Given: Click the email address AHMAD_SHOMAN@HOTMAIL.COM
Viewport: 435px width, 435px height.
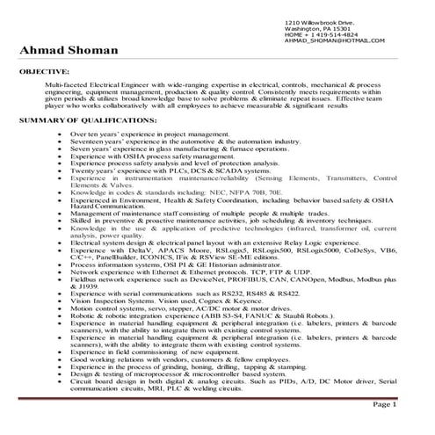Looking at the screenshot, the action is pyautogui.click(x=337, y=40).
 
